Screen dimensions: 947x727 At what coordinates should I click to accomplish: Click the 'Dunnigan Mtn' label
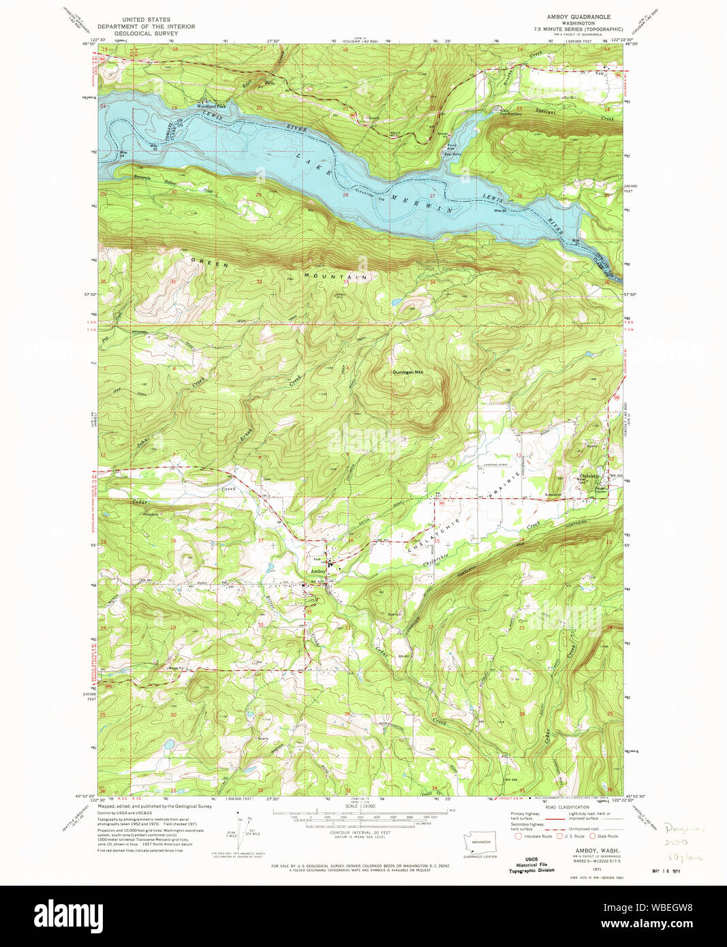[x=407, y=372]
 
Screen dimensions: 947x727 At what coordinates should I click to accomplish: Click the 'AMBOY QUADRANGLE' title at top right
[x=578, y=16]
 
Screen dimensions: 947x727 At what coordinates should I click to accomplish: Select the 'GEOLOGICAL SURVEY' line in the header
[x=146, y=33]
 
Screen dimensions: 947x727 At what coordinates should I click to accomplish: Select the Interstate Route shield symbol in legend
[x=518, y=836]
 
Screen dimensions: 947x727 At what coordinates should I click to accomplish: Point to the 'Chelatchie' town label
[x=589, y=476]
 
